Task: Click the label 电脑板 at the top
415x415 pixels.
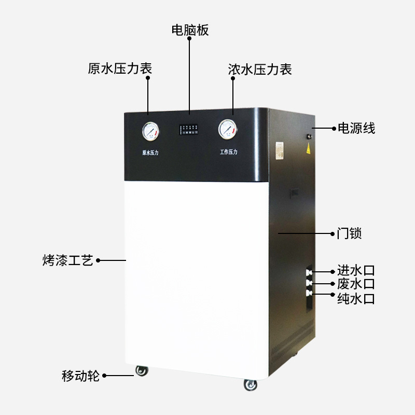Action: point(190,30)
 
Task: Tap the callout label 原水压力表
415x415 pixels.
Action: point(120,69)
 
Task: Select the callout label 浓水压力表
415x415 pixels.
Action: point(260,69)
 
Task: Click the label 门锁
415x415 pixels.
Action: point(349,234)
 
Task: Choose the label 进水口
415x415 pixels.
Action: point(356,270)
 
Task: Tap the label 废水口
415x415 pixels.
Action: point(356,284)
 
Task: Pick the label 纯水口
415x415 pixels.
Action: point(356,298)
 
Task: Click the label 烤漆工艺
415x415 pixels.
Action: point(67,260)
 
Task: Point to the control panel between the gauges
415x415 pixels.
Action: point(190,130)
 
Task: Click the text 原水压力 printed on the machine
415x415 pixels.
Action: point(150,153)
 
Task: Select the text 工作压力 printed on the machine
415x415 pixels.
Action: point(228,152)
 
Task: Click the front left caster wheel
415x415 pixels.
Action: point(142,370)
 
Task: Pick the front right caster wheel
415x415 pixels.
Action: point(251,384)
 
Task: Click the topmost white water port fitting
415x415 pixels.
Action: point(309,271)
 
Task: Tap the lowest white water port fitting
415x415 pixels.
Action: point(309,293)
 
